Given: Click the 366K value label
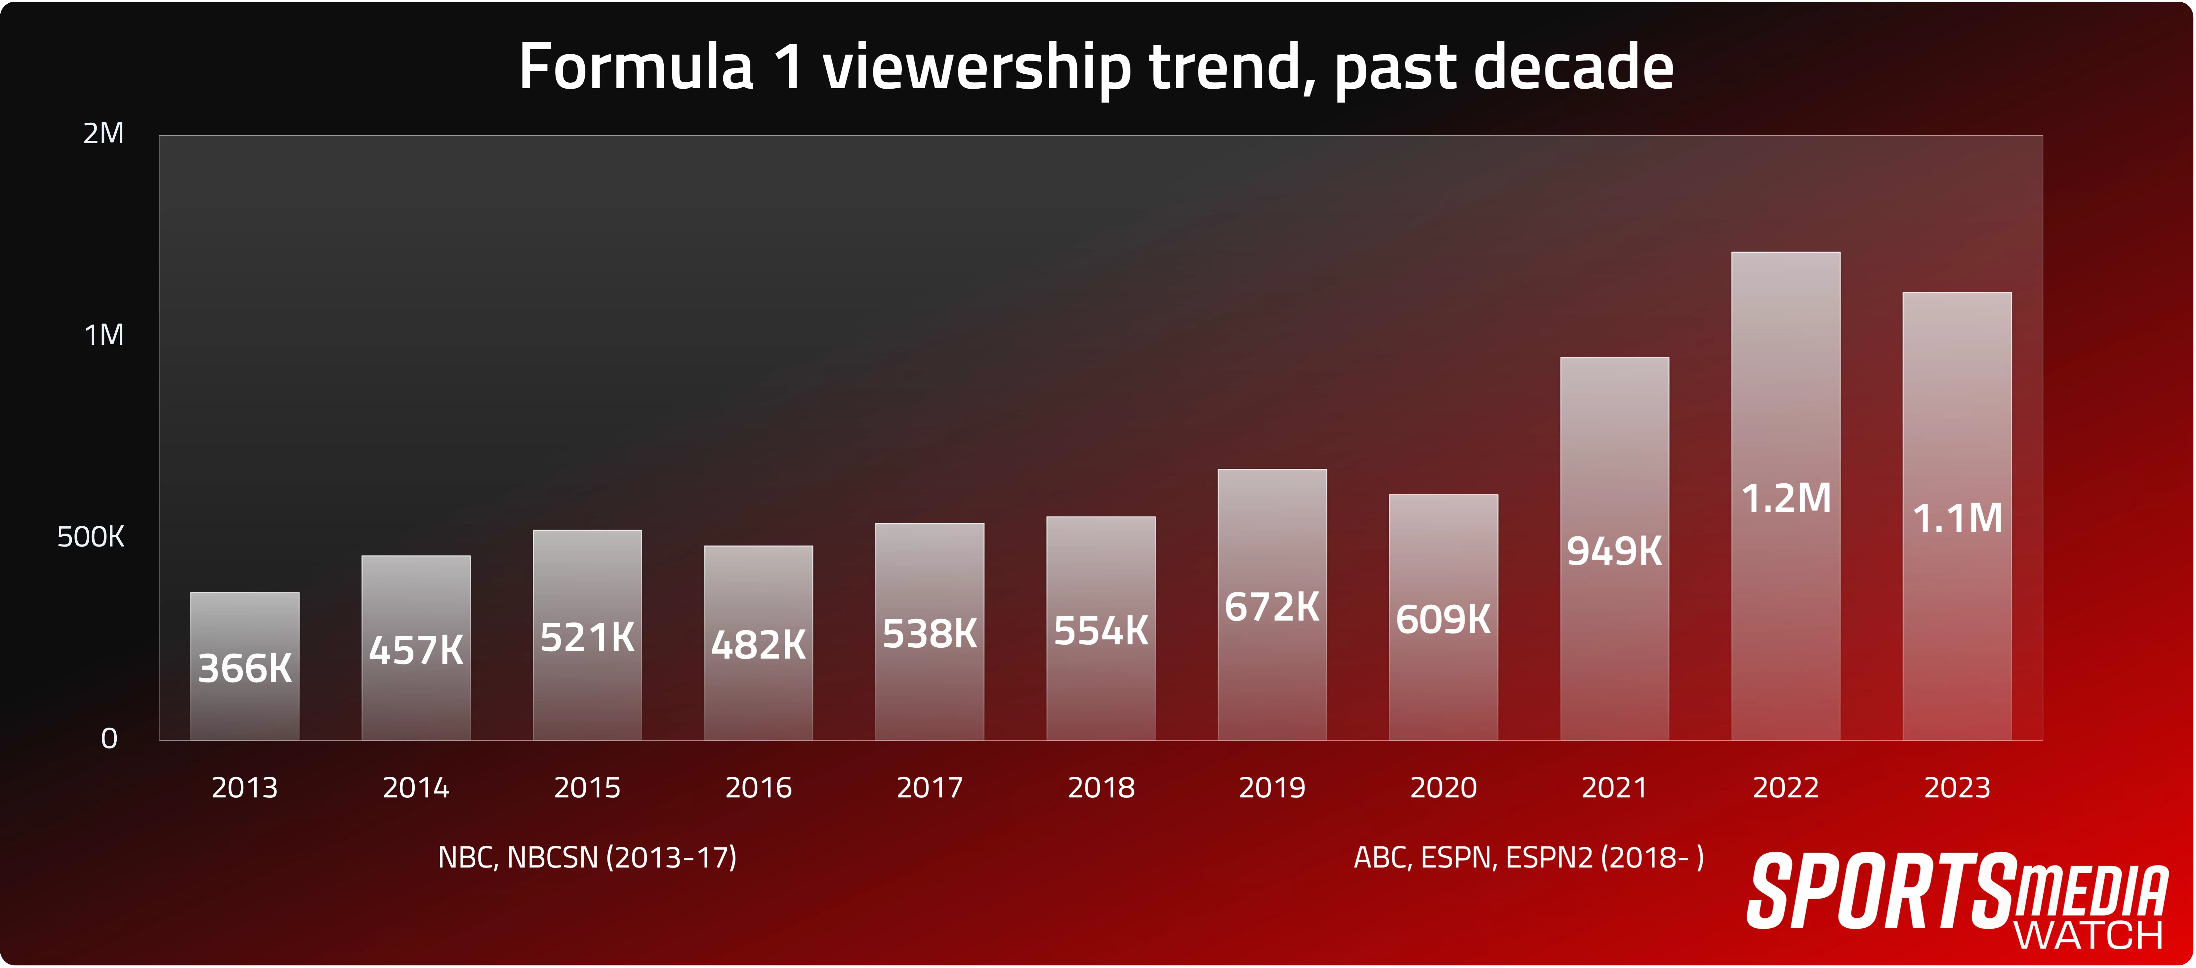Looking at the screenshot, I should [x=245, y=668].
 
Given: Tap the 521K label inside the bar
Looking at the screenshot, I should [x=587, y=637].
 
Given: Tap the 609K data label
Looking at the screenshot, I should [x=1443, y=620].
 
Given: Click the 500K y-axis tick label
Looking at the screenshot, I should [x=90, y=537].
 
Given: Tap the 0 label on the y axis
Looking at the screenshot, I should [x=109, y=739].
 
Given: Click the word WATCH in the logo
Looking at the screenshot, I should [x=2089, y=936].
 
